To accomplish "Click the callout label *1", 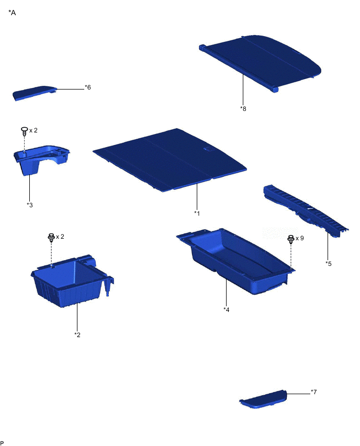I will pos(197,213).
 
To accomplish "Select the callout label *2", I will pos(77,334).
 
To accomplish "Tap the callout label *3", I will pos(30,204).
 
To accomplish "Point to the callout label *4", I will pos(226,309).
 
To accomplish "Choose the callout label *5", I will pos(328,263).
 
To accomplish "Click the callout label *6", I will pos(87,87).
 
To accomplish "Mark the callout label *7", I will pos(313,392).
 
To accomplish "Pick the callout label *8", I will pos(243,108).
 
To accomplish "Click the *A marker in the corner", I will pos(12,13).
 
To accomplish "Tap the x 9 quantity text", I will pos(299,238).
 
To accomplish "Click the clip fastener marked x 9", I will pos(290,240).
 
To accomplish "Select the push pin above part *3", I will pos(24,131).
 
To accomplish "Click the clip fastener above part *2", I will pos(51,238).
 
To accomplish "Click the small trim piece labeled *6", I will pos(34,93).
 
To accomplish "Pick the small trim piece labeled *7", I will pos(264,399).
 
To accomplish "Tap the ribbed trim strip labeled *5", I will pos(303,209).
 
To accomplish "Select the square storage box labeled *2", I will pos(71,283).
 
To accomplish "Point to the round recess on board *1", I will pos(207,150).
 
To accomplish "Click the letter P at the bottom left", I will pos(2,442).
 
